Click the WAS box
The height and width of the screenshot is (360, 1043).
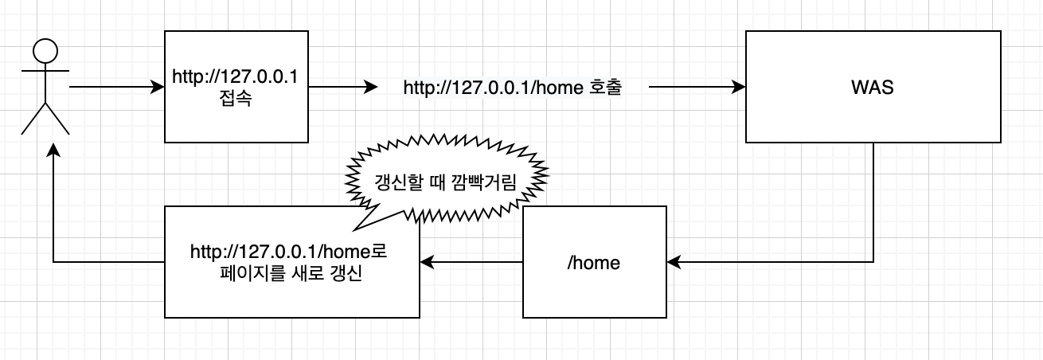[x=872, y=88]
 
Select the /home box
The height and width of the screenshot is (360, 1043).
[x=593, y=261]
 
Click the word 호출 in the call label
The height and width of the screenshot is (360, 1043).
[x=605, y=88]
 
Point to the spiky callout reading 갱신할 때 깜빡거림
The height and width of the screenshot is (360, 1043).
[x=445, y=182]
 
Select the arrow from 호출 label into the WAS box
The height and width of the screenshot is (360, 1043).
[x=697, y=87]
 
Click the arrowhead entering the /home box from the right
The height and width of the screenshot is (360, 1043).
[x=674, y=261]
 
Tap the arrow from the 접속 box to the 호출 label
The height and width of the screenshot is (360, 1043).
[x=342, y=87]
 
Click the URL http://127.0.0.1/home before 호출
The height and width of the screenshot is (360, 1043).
[x=494, y=88]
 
